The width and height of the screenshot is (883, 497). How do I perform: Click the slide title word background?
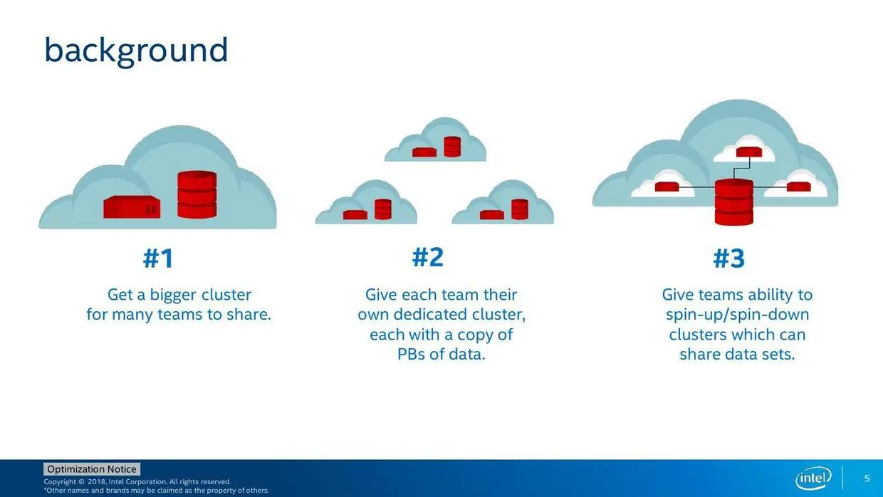click(136, 51)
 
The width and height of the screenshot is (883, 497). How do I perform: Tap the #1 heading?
click(158, 258)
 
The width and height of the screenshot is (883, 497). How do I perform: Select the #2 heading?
click(428, 257)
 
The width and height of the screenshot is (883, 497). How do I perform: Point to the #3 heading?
click(729, 258)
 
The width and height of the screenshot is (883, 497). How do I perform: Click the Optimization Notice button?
click(92, 469)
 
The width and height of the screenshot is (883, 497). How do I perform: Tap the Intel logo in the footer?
click(813, 478)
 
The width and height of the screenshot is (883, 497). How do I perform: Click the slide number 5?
click(867, 478)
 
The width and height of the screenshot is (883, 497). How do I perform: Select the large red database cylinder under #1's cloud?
click(197, 194)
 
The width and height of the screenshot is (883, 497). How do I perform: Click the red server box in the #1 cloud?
click(132, 207)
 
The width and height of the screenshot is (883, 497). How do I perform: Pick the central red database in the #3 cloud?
click(734, 202)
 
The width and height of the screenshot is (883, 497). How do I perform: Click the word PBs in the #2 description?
click(411, 354)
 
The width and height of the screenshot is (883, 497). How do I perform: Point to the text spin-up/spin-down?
click(737, 315)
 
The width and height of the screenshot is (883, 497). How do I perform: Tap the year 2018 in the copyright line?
click(97, 481)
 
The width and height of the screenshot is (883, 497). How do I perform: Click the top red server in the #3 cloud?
click(749, 152)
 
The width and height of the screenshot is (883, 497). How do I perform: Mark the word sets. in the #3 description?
click(778, 354)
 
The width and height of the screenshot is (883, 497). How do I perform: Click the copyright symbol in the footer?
click(81, 481)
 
